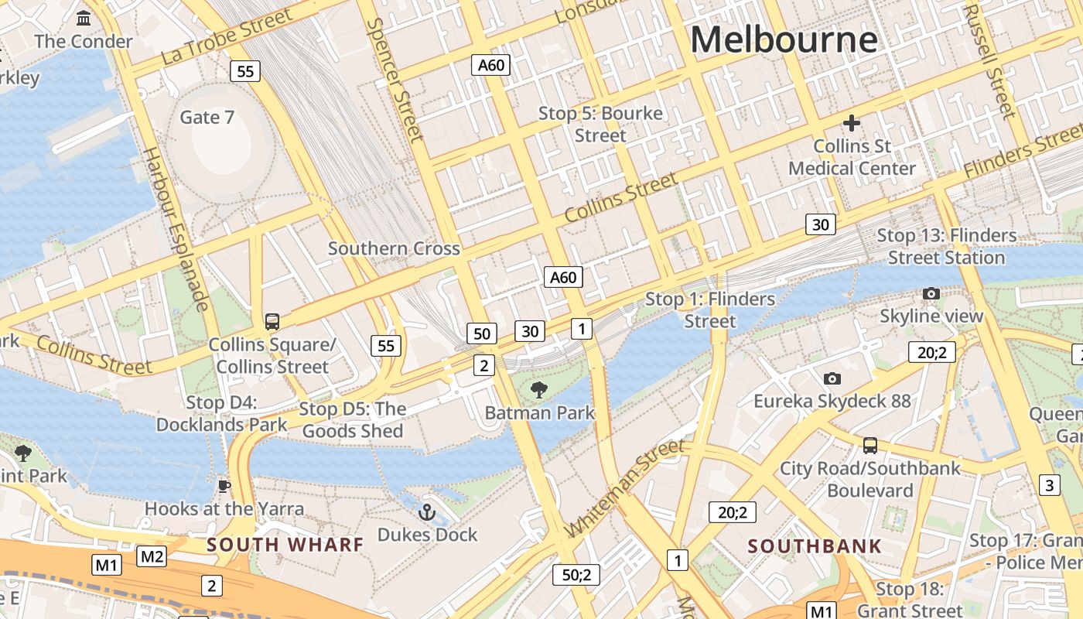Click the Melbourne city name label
(784, 39)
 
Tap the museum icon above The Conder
(84, 18)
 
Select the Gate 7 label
(207, 117)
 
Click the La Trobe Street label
(227, 37)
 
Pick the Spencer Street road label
(395, 80)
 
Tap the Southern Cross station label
(394, 248)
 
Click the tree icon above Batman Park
(539, 390)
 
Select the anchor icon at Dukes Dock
(426, 512)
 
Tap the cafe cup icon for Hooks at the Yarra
(224, 486)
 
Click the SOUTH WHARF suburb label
(285, 544)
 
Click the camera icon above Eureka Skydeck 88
(832, 378)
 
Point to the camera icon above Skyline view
(931, 293)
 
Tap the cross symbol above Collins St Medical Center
(851, 123)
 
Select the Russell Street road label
(989, 60)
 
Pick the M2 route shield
(152, 556)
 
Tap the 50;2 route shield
(576, 575)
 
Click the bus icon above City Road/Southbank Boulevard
(870, 445)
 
